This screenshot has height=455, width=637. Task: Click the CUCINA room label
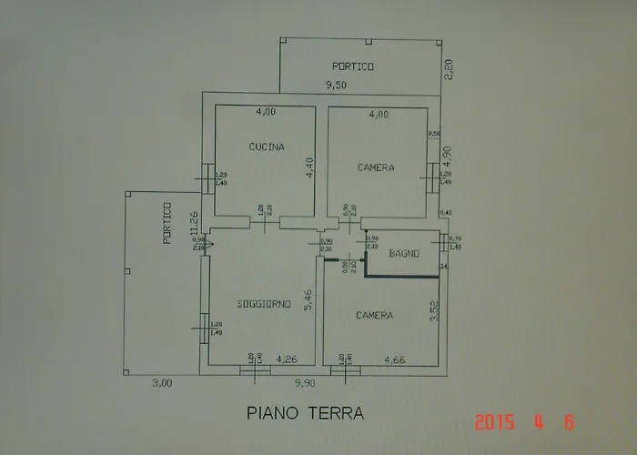267,147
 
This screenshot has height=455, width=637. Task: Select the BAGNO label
403,254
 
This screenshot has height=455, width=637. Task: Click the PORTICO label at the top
353,66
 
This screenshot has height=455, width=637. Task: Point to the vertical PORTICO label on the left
167,224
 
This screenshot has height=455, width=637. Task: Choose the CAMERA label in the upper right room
376,167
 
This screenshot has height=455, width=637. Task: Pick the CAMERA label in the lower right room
375,316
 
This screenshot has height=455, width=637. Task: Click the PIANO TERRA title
306,413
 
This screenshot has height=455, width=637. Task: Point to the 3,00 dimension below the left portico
161,384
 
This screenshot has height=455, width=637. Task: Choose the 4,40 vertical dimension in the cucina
308,169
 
